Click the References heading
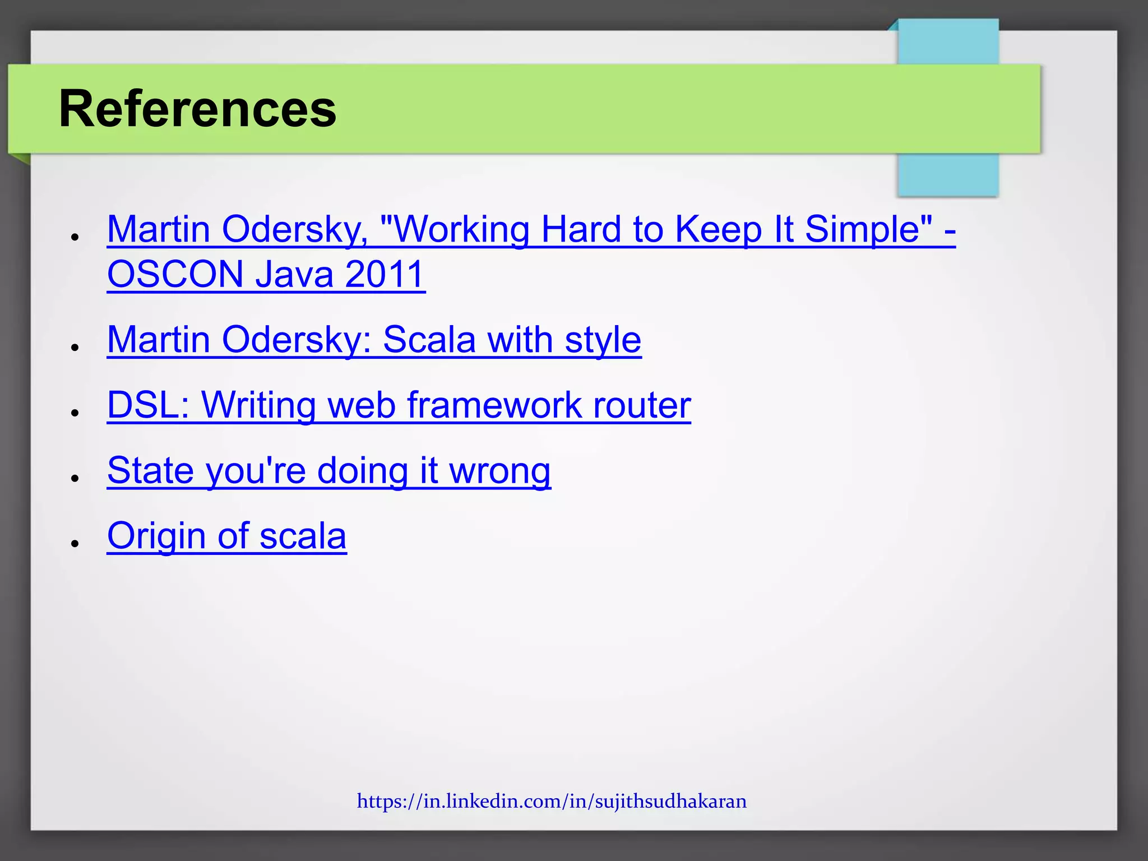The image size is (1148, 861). tap(197, 109)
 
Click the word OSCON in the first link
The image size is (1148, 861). tap(175, 274)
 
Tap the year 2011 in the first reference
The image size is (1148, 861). tap(384, 274)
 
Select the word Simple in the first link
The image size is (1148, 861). tap(869, 229)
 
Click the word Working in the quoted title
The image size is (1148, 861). tap(461, 229)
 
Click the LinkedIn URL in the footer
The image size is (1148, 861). tap(552, 801)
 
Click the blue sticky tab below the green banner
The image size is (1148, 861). tap(947, 175)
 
